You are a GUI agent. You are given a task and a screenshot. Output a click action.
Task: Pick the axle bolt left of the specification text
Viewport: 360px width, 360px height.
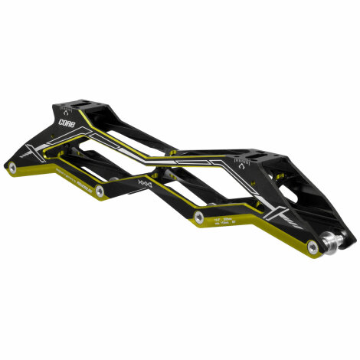198,219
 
